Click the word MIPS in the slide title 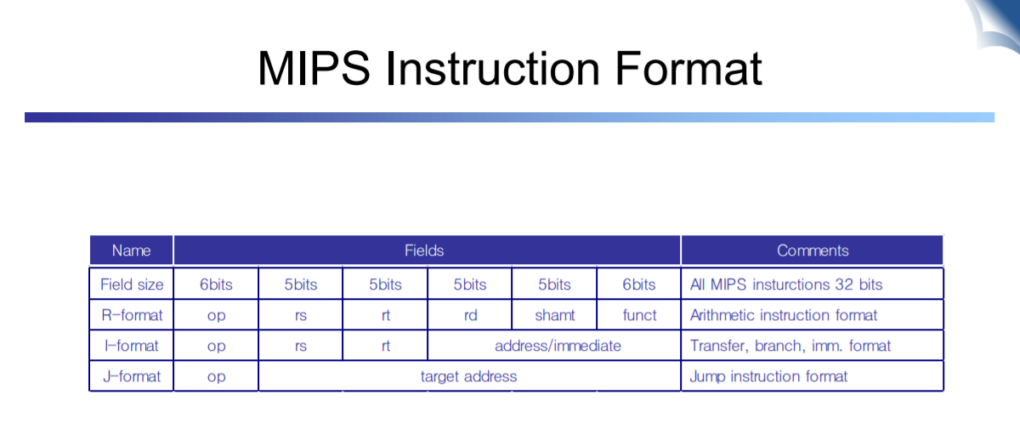click(314, 68)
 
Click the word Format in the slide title click(688, 68)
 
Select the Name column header click(131, 251)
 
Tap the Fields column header click(424, 251)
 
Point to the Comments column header click(813, 251)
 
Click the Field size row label click(132, 285)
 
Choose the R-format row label click(132, 315)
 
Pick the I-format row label click(131, 346)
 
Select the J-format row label click(132, 376)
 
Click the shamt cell click(554, 315)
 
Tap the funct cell click(639, 315)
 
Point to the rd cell click(470, 315)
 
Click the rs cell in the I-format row click(301, 347)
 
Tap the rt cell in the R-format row click(386, 315)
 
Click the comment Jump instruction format click(768, 376)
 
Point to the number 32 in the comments click(844, 285)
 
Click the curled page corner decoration click(995, 25)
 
